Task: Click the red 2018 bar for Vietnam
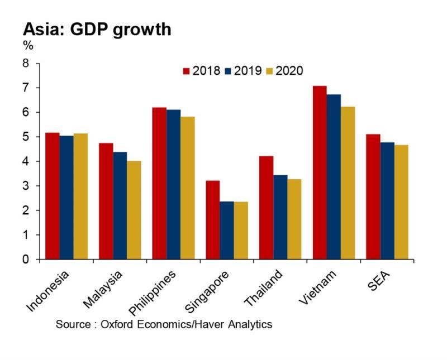click(x=320, y=172)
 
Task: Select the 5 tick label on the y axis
click(x=25, y=137)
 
